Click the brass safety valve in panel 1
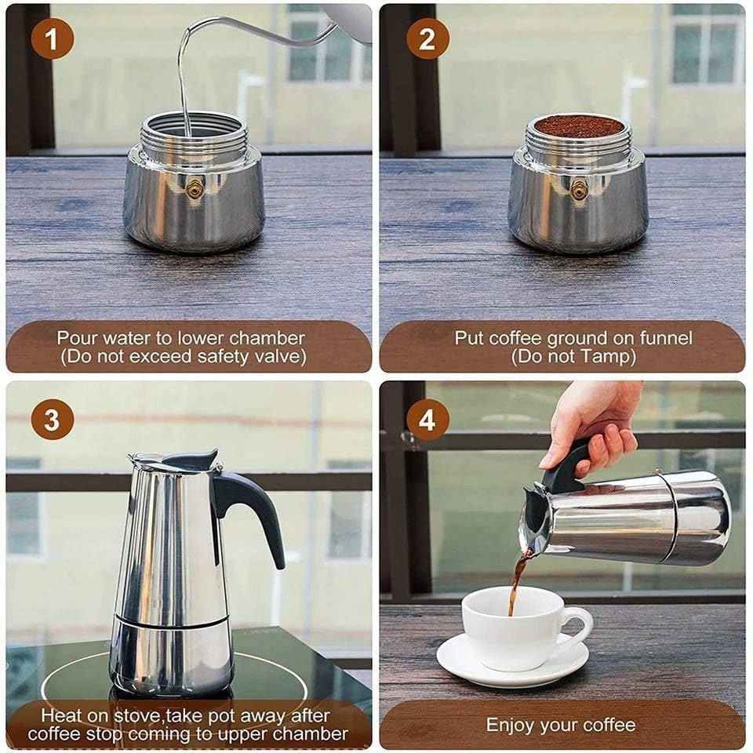coord(193,187)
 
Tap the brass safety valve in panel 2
coord(578,187)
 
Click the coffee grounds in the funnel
coord(578,125)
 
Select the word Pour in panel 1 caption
coord(75,338)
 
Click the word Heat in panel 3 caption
coord(61,715)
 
